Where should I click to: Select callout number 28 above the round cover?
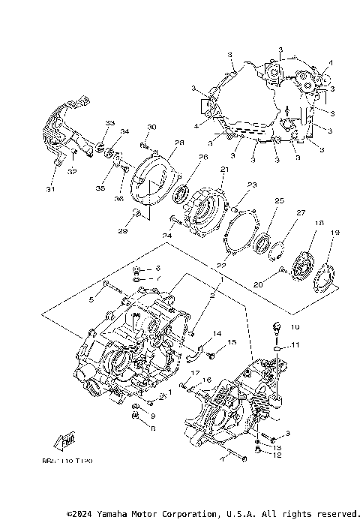click(159, 143)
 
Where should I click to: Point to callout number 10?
click(295, 327)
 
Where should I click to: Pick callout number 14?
click(217, 333)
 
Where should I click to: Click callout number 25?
click(279, 201)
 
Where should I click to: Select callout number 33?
click(109, 123)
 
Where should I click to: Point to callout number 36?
click(118, 199)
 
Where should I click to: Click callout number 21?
click(223, 170)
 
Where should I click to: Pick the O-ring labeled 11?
click(277, 348)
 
